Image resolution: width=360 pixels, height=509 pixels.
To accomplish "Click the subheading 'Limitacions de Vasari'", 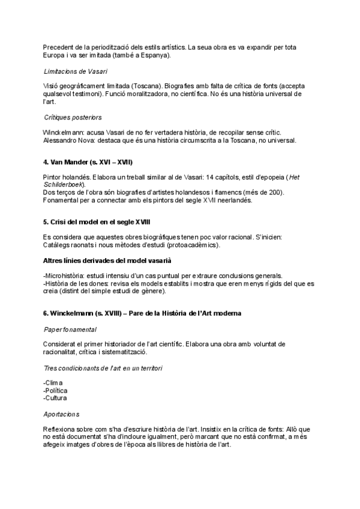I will click(x=71, y=72).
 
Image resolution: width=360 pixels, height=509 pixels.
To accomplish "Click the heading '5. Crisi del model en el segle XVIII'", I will click(x=97, y=221).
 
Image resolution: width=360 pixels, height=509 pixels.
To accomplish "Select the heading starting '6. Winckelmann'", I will click(x=143, y=314).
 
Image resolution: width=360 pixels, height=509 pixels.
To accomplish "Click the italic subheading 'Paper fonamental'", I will click(x=70, y=330).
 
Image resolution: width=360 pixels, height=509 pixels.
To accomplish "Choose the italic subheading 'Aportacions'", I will click(x=61, y=414).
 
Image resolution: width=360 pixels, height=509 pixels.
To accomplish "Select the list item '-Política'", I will click(x=56, y=390).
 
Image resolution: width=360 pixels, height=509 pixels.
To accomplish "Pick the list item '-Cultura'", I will click(x=55, y=398).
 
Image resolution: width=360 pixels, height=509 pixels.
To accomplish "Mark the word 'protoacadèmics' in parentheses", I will click(x=185, y=245).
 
